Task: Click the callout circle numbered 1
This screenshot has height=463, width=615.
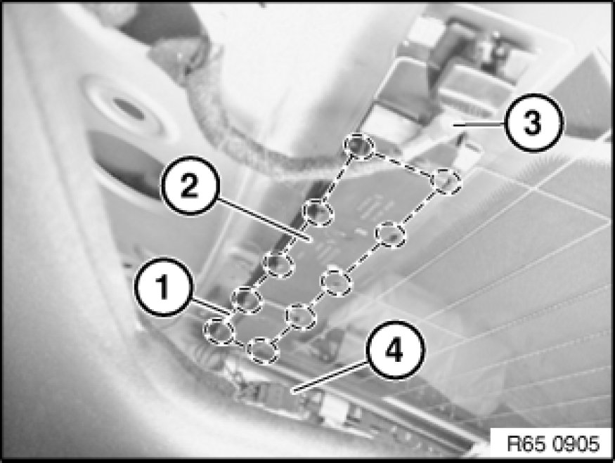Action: pos(164,287)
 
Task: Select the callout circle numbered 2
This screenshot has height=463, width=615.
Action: pos(190,185)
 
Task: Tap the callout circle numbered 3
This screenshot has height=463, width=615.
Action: pos(533,123)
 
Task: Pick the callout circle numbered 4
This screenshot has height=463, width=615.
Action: pos(395,350)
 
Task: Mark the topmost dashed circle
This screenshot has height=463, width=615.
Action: pos(359,146)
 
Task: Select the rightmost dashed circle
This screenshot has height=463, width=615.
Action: pos(446,181)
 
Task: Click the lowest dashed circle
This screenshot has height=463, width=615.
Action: pos(263,350)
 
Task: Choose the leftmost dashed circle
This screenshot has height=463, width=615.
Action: pos(219,332)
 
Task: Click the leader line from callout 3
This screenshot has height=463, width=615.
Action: pos(479,124)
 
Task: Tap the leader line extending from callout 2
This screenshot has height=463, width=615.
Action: pos(265,219)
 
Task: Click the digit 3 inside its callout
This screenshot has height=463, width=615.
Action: pos(533,122)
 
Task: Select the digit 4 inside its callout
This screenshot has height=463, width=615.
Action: pos(394,350)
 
